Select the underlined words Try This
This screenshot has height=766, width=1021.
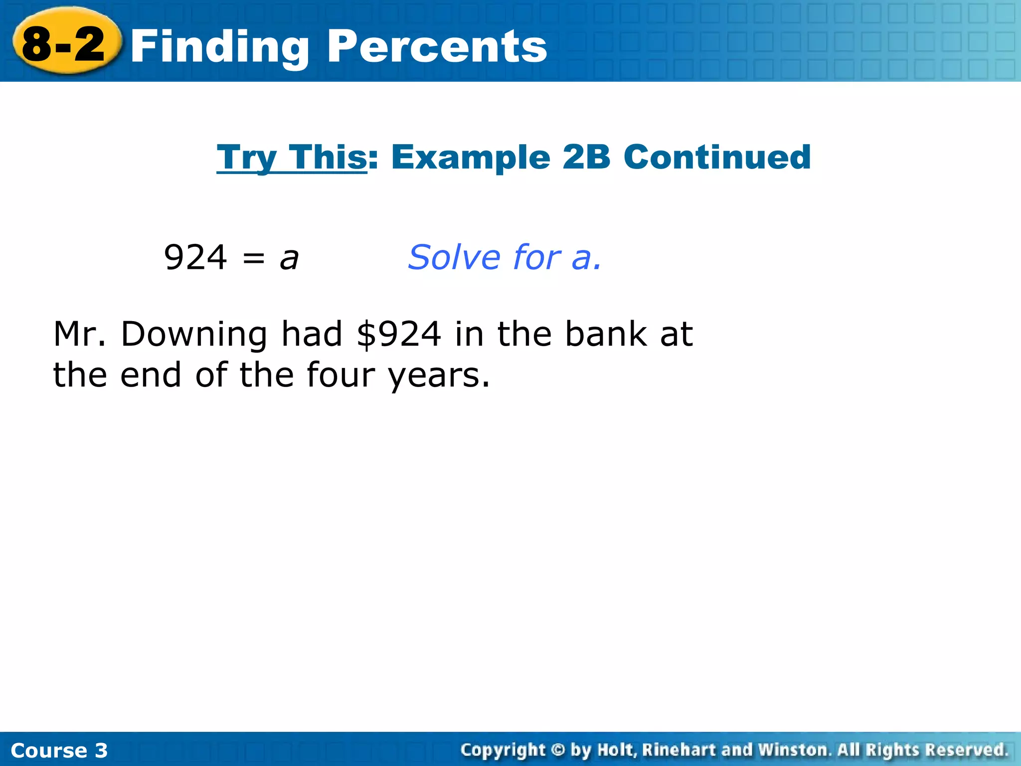292,158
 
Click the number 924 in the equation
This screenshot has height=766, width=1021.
195,258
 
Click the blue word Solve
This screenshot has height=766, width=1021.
454,258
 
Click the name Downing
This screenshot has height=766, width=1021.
194,335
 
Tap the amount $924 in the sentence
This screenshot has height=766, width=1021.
399,335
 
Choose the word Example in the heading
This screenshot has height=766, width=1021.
471,158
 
